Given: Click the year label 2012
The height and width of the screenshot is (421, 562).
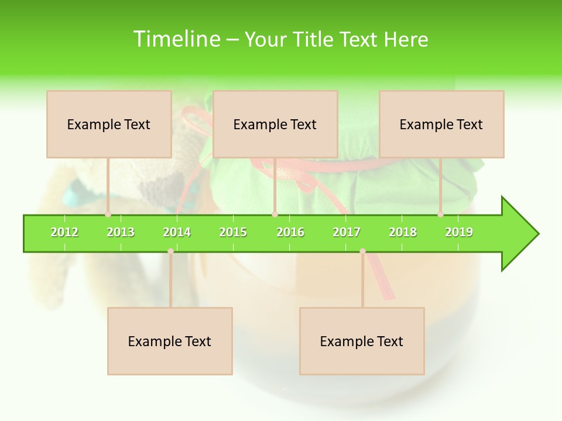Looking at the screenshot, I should tap(64, 233).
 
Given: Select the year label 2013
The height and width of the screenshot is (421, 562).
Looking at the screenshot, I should tap(121, 233).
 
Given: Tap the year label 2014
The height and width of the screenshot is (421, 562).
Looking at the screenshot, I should tap(177, 233).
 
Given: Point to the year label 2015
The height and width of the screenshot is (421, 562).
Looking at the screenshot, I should tap(233, 233).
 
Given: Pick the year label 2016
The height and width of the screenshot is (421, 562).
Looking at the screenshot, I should tap(290, 233).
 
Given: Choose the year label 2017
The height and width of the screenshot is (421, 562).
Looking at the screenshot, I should tap(347, 233).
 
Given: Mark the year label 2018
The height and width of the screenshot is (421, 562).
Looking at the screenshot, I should tap(403, 233).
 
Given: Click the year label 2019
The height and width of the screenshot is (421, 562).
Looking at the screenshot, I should tap(459, 233).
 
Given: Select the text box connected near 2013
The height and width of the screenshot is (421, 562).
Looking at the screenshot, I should tap(109, 124).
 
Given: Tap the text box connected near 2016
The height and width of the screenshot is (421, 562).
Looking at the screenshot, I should tap(275, 124).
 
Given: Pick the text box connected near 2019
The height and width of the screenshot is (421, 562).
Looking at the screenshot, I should tap(441, 124).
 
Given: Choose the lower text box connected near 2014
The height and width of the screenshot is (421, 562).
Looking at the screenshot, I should tap(170, 341).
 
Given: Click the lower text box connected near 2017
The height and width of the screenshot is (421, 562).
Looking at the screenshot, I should tap(362, 341).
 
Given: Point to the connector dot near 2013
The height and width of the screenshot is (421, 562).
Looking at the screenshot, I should tap(108, 214).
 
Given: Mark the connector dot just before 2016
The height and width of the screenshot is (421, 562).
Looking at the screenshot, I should tap(275, 214).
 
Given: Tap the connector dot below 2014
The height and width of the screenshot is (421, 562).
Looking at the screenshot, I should tap(170, 251).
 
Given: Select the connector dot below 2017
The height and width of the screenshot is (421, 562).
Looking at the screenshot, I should tap(362, 251).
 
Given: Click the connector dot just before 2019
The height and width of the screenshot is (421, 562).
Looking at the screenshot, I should tap(440, 214).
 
